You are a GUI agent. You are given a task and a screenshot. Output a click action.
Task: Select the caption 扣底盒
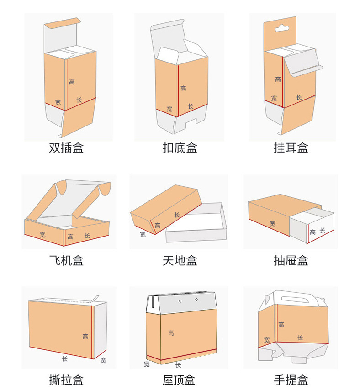click(x=180, y=148)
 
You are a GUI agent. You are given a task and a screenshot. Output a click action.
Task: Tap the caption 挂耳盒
click(x=291, y=148)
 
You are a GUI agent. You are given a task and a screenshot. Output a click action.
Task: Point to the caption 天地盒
click(x=180, y=261)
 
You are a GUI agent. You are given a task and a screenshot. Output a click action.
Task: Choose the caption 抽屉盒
click(x=291, y=261)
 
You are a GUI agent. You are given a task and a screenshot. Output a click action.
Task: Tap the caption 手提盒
click(x=291, y=379)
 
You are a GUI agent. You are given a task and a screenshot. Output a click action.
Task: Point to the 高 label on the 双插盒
click(x=72, y=82)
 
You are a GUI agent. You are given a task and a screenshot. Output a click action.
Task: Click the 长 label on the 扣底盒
click(x=191, y=106)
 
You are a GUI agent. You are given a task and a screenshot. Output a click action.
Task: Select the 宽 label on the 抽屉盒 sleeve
click(x=273, y=224)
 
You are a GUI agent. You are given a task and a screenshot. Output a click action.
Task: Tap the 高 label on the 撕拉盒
click(x=85, y=337)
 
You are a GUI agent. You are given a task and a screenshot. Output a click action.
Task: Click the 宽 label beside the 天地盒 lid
click(x=143, y=234)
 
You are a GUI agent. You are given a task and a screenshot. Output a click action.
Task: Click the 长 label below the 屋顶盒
click(x=178, y=365)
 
